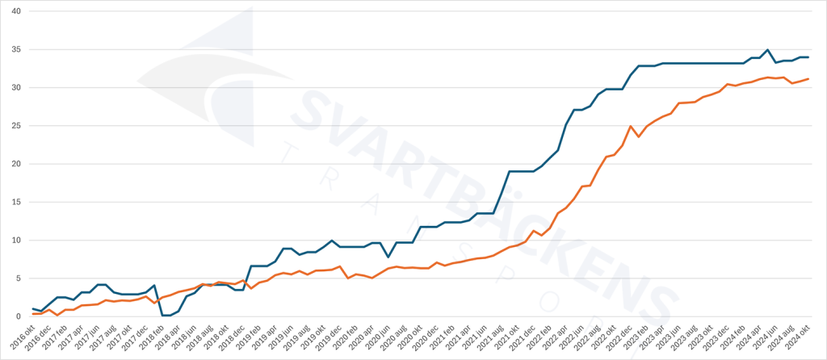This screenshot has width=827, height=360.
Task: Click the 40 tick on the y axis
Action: tap(15, 11)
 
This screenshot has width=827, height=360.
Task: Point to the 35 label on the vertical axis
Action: tap(15, 49)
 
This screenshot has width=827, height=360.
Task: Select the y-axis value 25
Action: tap(15, 126)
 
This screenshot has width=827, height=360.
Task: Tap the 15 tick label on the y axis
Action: tap(15, 202)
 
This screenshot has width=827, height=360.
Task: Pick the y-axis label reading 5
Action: tap(18, 278)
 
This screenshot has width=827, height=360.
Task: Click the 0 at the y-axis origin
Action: tap(18, 316)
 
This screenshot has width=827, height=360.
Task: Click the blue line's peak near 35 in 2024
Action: tap(767, 50)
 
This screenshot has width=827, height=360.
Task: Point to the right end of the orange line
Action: tap(808, 79)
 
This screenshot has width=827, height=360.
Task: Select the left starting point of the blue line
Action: tap(33, 309)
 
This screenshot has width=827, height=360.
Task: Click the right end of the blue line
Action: tap(808, 57)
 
